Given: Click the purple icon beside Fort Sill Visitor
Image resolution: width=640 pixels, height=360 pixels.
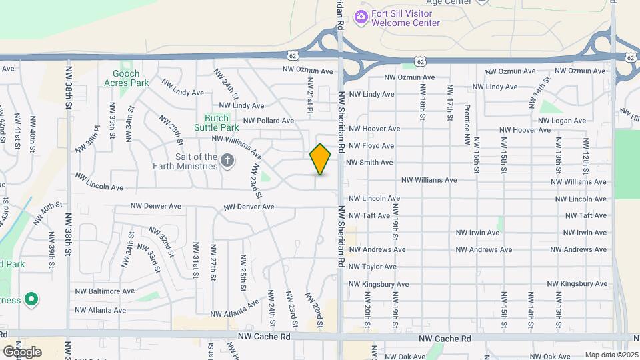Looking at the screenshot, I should tap(361, 17).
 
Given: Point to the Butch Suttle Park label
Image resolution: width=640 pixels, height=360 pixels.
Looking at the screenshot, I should tap(216, 122).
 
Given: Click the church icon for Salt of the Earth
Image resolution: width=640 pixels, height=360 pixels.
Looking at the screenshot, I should tap(227, 160).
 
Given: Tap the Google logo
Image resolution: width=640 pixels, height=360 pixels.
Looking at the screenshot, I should tap(22, 351).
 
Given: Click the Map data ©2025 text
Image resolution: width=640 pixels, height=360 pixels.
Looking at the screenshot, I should tap(610, 355).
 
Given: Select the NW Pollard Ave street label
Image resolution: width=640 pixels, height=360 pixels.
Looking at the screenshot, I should tap(269, 121).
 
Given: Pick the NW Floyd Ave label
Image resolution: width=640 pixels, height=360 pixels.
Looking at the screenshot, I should tap(371, 145).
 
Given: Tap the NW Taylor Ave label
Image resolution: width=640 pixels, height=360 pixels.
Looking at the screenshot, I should tap(373, 267).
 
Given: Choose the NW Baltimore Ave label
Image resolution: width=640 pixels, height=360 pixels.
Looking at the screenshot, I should tap(105, 291).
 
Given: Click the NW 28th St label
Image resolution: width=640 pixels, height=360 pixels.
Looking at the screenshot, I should tap(171, 129).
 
